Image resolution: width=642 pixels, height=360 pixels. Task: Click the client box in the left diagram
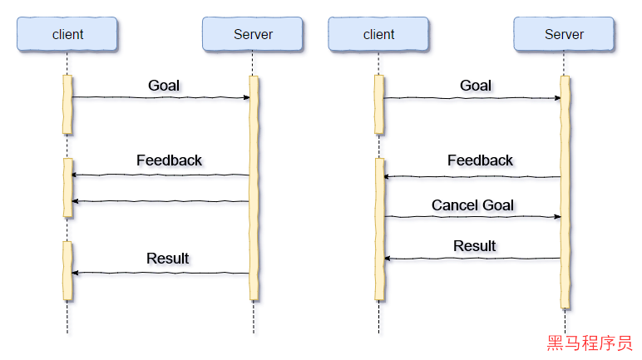click(x=68, y=35)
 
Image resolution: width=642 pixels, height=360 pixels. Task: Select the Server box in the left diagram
click(x=253, y=35)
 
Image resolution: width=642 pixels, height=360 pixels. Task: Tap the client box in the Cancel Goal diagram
click(x=379, y=35)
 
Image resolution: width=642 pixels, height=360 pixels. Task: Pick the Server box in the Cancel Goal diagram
click(x=564, y=35)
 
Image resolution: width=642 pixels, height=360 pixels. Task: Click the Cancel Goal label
click(x=474, y=205)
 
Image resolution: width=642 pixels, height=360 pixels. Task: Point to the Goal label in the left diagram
click(x=165, y=86)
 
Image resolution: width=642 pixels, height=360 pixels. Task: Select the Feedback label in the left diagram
click(x=170, y=161)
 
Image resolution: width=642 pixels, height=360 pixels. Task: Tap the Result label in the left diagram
click(x=169, y=259)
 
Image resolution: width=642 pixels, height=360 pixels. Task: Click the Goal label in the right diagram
click(x=477, y=86)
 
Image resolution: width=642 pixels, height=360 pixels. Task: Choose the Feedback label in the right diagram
click(x=481, y=161)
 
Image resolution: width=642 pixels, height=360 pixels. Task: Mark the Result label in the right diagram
click(x=476, y=247)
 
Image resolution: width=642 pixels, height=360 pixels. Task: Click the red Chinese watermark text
click(x=589, y=343)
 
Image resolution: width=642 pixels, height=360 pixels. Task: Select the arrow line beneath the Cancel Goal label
click(x=472, y=219)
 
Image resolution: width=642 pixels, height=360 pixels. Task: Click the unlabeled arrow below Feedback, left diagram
click(x=161, y=204)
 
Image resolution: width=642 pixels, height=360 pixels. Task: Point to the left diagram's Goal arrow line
click(x=161, y=100)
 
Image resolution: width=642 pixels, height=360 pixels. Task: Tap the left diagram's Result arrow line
click(x=161, y=275)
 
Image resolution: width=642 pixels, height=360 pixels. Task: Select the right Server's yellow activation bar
click(x=565, y=191)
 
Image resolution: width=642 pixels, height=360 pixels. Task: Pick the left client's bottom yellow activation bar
click(x=68, y=270)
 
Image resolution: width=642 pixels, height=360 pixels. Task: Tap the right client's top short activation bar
click(x=379, y=104)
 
